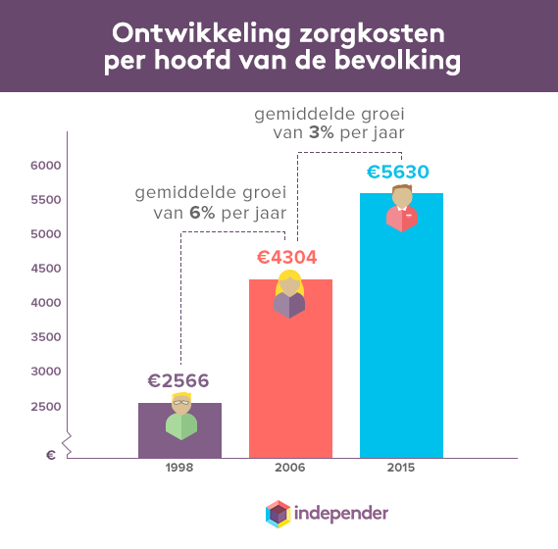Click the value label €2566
point(179,381)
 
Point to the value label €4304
point(290,258)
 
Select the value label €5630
point(401,173)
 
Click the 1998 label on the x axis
point(179,468)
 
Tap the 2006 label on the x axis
point(290,468)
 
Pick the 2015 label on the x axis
point(401,468)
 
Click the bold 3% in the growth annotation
point(320,133)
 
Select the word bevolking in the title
point(403,63)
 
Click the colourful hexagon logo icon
point(279,514)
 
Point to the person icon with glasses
point(181,416)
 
